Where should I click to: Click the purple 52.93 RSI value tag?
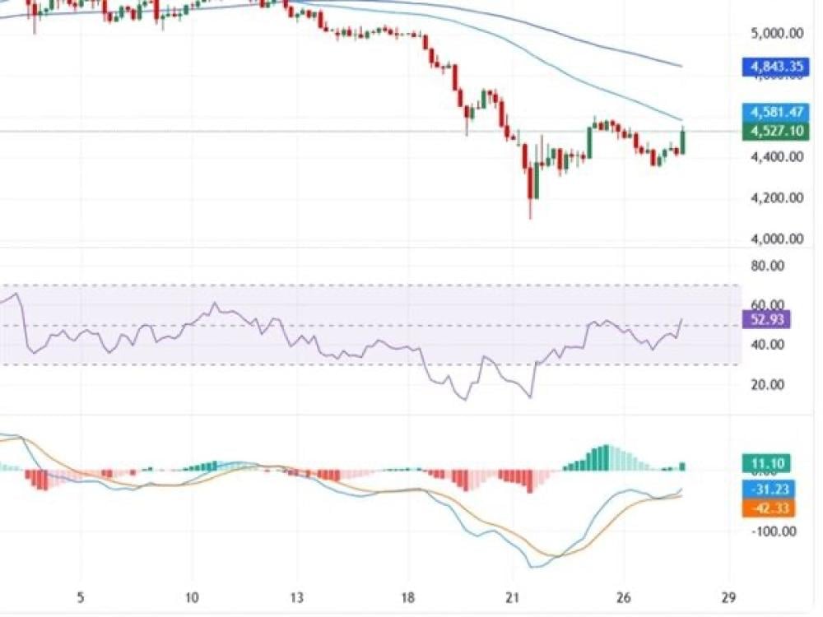click(766, 320)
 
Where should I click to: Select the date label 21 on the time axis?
click(514, 597)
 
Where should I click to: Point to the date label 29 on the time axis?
click(728, 597)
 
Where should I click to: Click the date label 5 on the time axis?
click(80, 597)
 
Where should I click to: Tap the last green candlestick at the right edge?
click(682, 141)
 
